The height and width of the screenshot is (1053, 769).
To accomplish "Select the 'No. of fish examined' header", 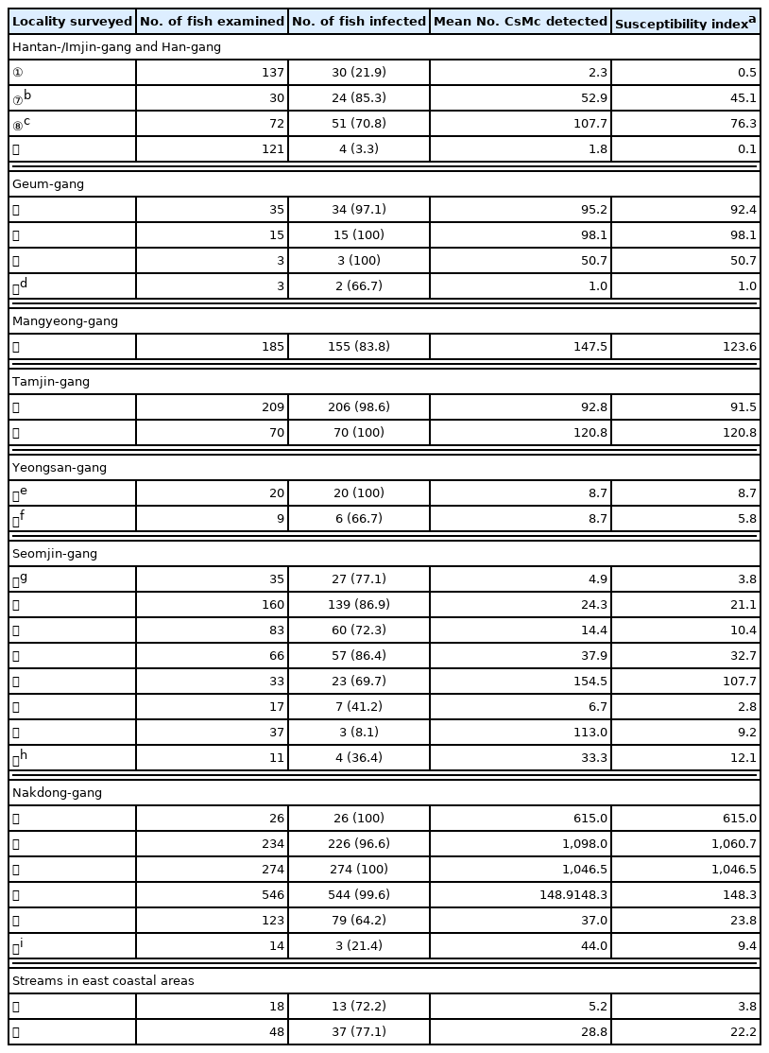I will [212, 22].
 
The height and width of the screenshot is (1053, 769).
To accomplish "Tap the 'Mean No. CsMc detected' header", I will [521, 22].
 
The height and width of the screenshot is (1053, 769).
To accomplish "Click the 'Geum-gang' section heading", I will [48, 184].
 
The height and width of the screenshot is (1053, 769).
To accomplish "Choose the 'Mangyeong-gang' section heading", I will [65, 321].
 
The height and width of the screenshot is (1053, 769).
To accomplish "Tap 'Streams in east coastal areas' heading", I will [103, 981].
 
